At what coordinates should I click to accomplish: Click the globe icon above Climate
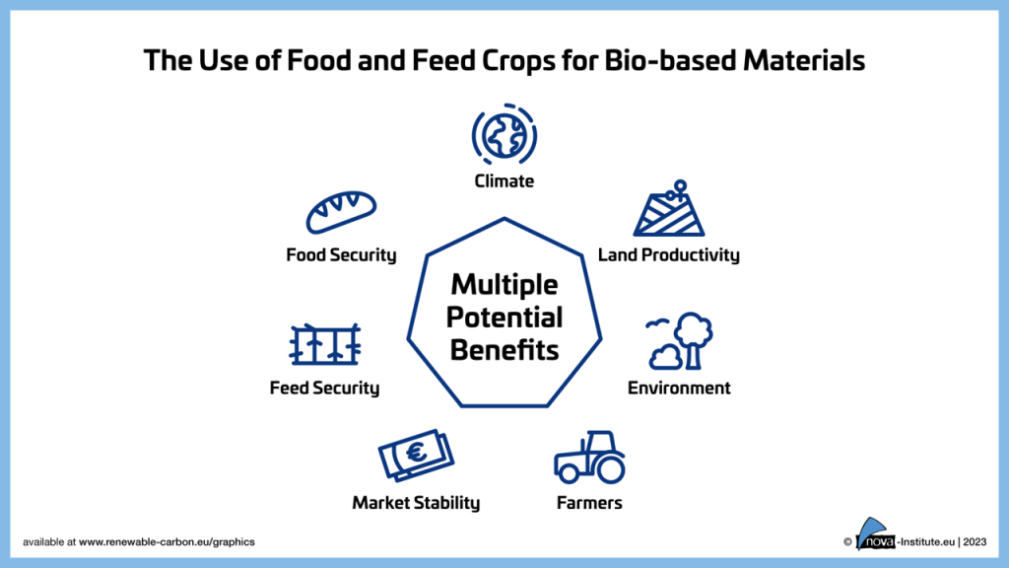tap(504, 135)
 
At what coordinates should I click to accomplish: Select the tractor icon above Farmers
tap(589, 456)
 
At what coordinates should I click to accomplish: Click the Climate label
tap(504, 181)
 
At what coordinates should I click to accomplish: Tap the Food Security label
tap(341, 255)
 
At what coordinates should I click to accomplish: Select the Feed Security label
tap(324, 388)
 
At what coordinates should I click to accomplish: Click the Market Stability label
tap(416, 503)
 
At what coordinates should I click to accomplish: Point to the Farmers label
tap(589, 503)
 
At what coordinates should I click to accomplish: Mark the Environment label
tap(679, 388)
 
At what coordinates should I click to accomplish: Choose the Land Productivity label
tap(668, 255)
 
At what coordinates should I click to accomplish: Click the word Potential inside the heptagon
tap(504, 318)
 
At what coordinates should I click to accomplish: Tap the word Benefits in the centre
tap(504, 350)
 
